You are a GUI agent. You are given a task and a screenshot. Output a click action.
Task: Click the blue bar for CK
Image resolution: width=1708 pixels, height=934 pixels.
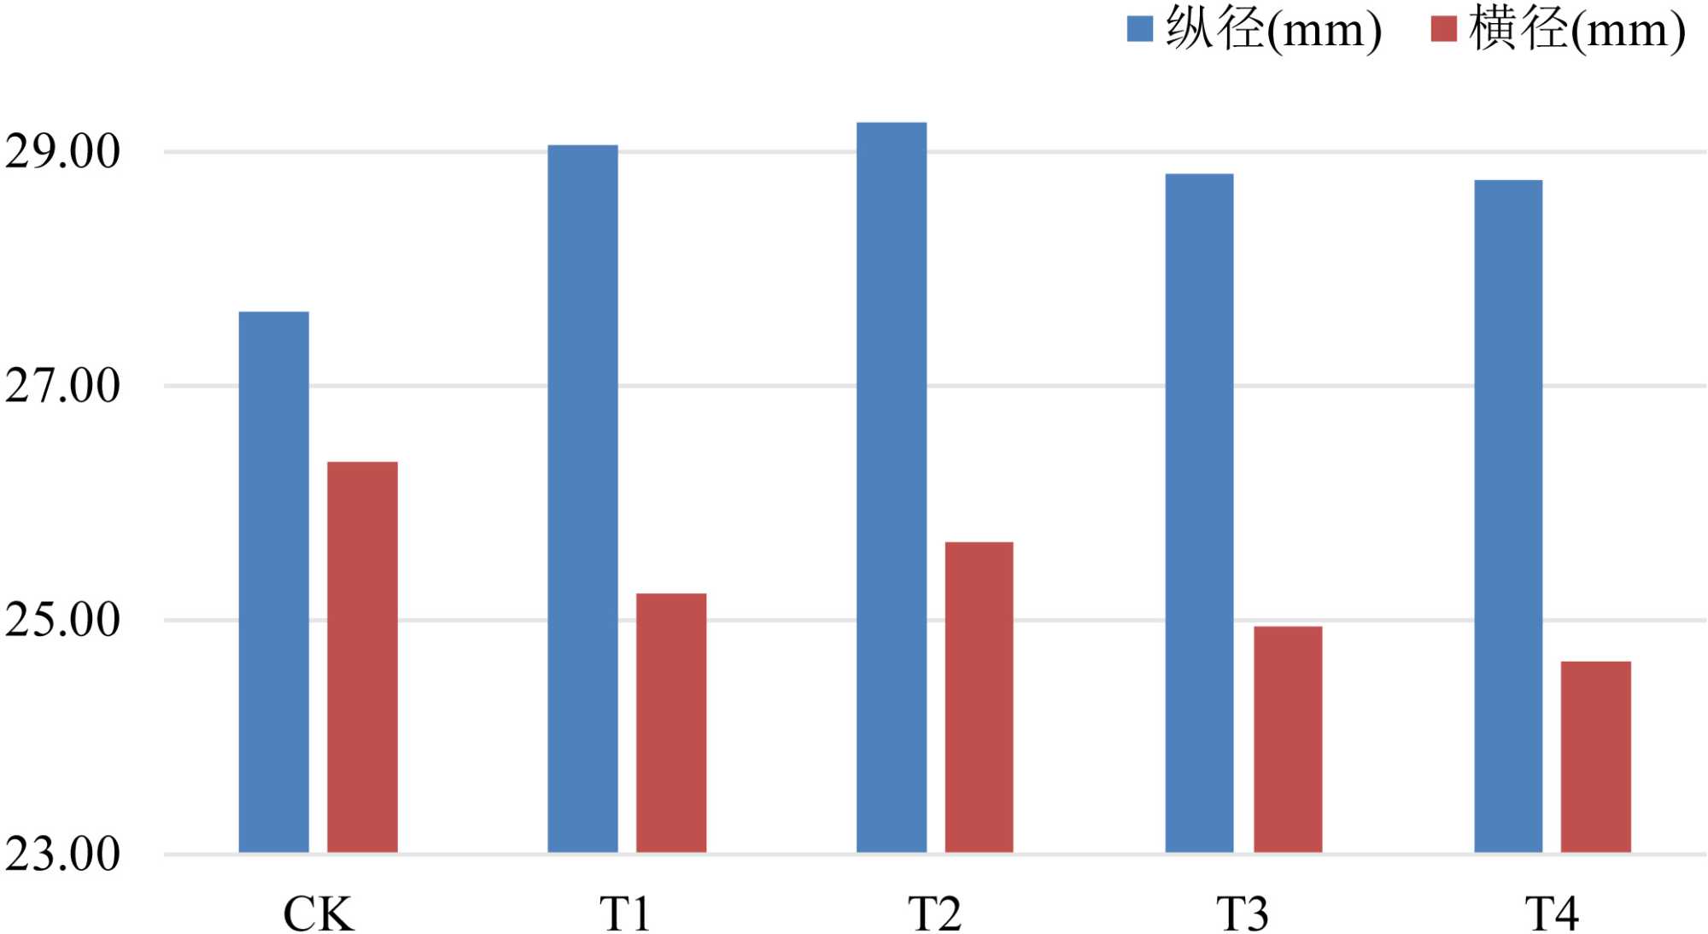[273, 582]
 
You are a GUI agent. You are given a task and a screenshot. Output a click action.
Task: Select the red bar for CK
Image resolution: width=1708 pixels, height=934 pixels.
[362, 657]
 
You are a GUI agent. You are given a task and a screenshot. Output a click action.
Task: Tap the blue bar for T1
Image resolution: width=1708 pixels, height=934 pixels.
[582, 499]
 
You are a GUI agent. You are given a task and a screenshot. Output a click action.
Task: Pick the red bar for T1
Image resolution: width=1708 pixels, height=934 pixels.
[671, 723]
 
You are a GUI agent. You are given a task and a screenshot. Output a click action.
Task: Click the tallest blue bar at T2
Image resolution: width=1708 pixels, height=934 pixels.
[892, 487]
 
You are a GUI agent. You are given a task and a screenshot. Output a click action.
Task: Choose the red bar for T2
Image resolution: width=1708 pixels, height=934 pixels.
[979, 698]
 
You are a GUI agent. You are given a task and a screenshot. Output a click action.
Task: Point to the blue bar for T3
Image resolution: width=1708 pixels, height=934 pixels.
[1199, 513]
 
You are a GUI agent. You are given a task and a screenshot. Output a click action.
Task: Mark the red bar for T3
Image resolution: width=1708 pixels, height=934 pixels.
[1288, 739]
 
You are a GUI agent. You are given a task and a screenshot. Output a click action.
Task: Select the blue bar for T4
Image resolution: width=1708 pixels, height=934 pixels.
[1508, 517]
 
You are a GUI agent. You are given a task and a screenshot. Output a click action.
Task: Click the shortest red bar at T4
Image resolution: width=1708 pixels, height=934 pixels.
[1595, 757]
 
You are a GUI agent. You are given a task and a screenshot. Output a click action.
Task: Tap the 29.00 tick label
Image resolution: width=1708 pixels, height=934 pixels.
[62, 152]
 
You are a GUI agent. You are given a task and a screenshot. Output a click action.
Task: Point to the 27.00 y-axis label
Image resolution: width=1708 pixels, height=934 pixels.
[62, 386]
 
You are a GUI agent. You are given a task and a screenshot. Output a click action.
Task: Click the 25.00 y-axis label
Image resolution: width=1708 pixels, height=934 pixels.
[62, 620]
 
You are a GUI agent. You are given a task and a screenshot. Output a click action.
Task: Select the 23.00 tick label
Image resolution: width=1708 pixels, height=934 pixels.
[62, 854]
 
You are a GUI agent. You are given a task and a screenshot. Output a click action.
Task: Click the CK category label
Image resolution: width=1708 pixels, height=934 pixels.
[318, 914]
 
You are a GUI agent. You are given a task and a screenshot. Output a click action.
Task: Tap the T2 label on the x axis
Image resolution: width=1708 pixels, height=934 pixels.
[934, 914]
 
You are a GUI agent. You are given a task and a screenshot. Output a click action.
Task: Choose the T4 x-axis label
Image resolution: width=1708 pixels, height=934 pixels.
[1552, 914]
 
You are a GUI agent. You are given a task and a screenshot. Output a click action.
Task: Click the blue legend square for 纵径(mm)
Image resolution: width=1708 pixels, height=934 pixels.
[1140, 29]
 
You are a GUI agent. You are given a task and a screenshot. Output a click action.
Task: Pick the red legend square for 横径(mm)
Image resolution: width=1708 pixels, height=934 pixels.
[1443, 29]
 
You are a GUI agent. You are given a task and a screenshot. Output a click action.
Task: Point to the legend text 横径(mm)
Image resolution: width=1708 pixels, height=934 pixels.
[1576, 29]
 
